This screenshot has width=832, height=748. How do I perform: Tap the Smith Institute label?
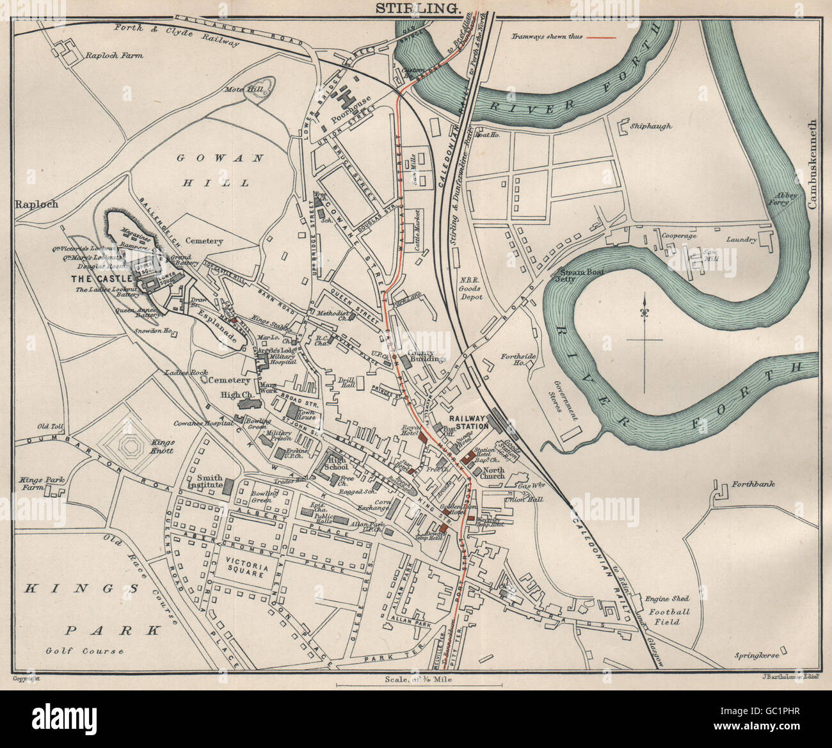(x=204, y=481)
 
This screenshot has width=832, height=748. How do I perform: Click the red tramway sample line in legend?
(x=598, y=38)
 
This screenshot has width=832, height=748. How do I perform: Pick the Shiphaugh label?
(x=652, y=126)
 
